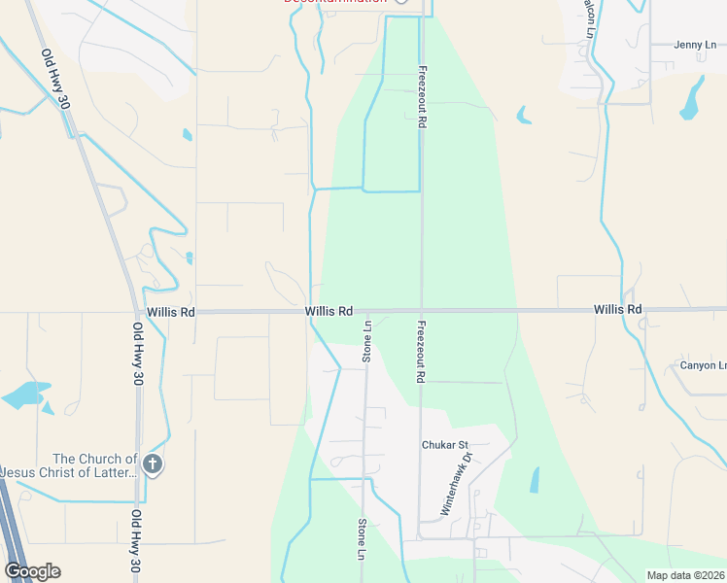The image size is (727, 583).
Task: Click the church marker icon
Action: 152,464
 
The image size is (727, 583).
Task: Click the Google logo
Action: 32,571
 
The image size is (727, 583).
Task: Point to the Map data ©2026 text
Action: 685,575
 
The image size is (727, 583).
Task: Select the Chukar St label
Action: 445,445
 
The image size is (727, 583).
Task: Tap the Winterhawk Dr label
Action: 456,483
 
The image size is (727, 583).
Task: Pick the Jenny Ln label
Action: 695,44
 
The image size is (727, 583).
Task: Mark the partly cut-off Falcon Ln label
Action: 589,18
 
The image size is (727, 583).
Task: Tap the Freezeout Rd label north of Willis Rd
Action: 422,99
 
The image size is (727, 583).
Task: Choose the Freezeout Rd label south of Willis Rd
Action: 422,352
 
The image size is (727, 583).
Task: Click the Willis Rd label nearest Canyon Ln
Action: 618,309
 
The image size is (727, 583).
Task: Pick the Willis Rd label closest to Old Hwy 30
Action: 171,312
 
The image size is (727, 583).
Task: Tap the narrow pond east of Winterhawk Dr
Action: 535,480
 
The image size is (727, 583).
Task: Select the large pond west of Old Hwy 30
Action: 24,394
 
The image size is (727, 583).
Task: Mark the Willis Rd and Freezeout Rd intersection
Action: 421,311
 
